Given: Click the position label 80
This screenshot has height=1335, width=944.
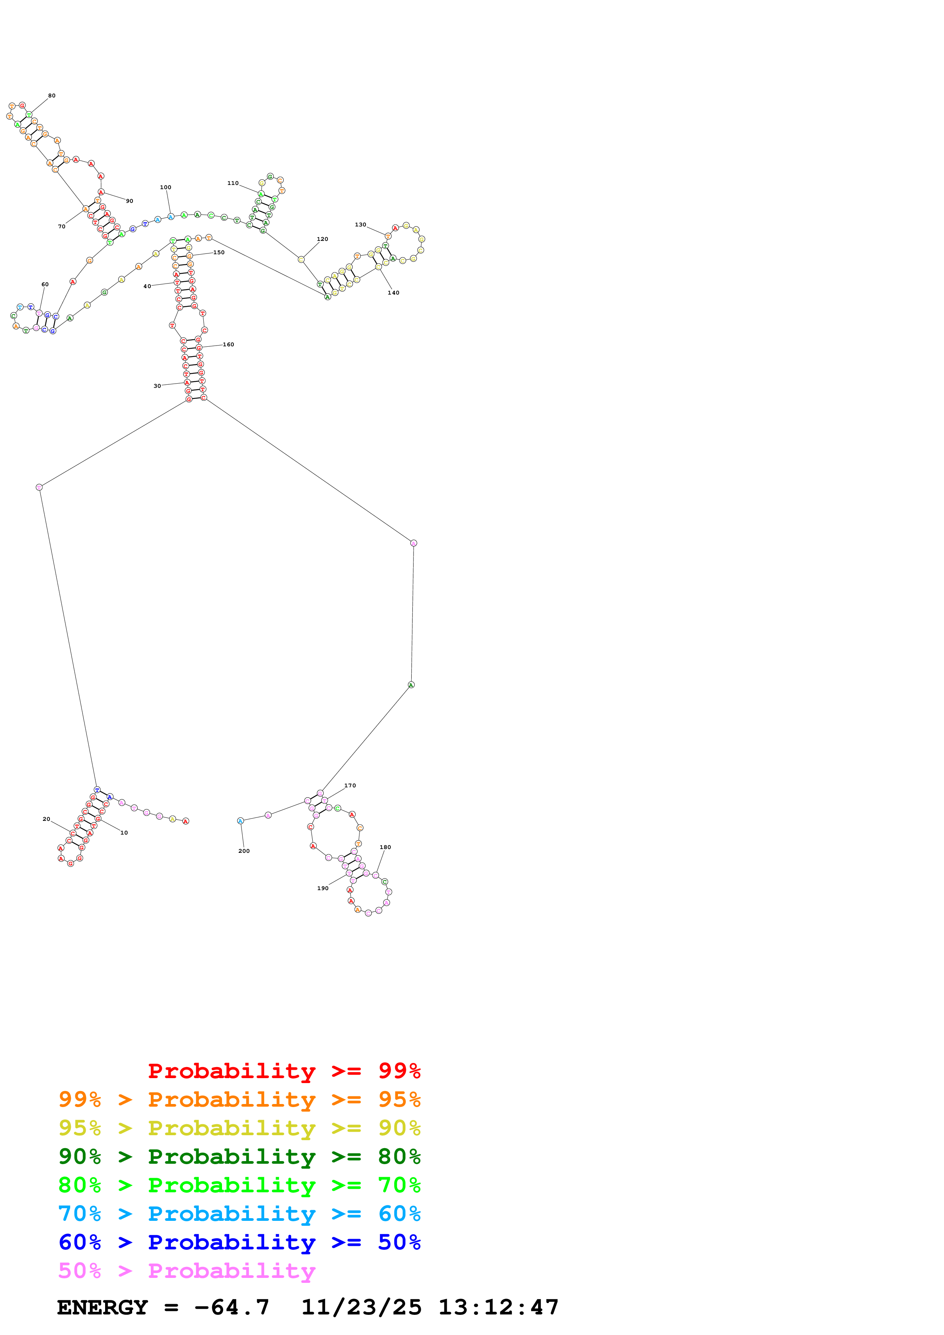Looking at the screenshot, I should (x=52, y=96).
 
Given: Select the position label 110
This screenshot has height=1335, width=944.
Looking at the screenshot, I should (x=233, y=183).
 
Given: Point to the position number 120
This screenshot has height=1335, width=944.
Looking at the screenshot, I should (x=322, y=239).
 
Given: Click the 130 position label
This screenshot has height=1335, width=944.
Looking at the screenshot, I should (x=361, y=225).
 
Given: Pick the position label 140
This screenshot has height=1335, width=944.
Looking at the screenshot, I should (x=393, y=293).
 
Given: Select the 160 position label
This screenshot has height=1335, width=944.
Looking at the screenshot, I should (x=228, y=345).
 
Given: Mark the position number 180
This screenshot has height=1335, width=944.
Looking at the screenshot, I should (x=385, y=847).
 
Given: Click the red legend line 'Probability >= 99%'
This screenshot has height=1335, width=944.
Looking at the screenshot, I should (x=284, y=1071).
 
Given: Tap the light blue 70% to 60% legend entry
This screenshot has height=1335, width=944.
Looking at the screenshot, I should (x=239, y=1214).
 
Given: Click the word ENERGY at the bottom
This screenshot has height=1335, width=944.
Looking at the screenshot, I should (x=102, y=1308).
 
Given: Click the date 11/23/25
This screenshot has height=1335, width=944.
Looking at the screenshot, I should (x=361, y=1308).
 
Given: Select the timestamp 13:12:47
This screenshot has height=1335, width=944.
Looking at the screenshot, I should (x=498, y=1308).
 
